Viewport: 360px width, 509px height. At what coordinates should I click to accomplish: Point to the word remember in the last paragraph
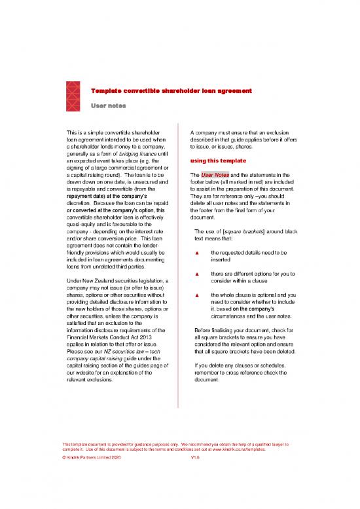[x=209, y=371]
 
